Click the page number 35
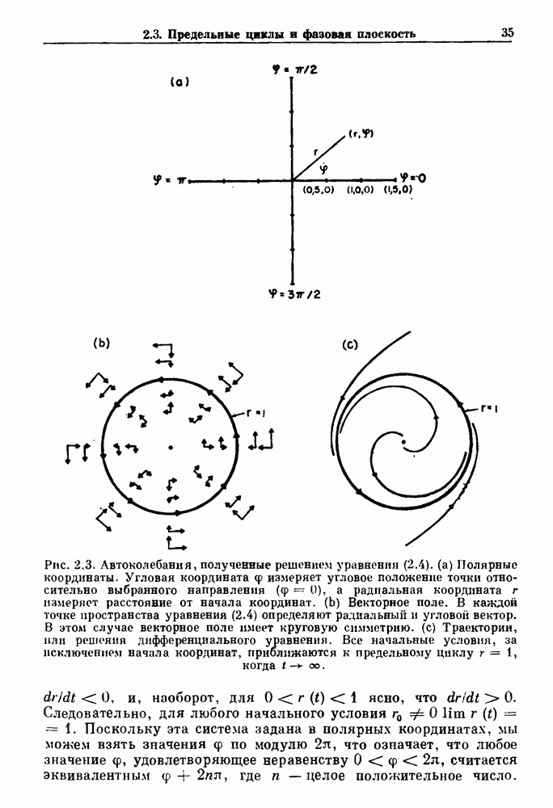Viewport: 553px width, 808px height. point(508,33)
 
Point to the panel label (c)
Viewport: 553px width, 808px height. point(350,345)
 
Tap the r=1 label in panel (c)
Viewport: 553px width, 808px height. point(487,409)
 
